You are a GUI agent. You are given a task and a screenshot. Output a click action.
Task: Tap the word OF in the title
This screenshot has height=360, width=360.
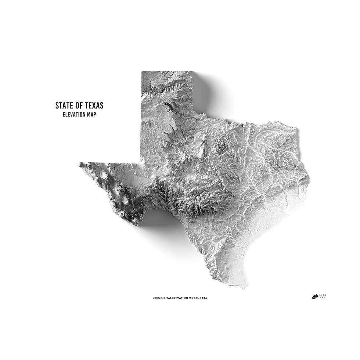click(x=78, y=106)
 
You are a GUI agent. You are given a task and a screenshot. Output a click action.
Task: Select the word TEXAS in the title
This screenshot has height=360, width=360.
click(x=93, y=106)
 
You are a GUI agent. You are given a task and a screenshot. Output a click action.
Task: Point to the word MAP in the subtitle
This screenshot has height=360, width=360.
click(x=92, y=115)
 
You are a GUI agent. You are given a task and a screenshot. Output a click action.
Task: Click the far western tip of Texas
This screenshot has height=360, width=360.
click(x=79, y=162)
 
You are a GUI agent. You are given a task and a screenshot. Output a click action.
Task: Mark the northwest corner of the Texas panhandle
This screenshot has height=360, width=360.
click(x=142, y=72)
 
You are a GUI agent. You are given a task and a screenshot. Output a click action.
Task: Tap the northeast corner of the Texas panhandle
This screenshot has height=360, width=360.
click(x=192, y=72)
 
